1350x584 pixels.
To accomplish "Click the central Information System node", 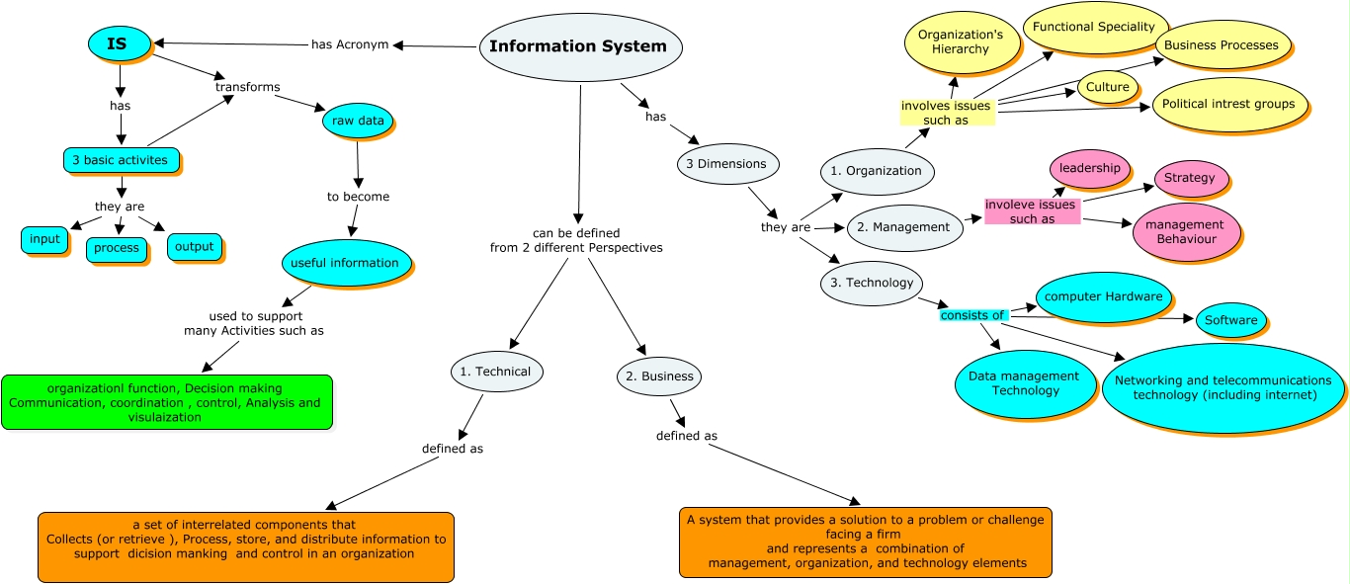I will tap(579, 46).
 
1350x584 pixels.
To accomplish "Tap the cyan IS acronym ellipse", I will tap(119, 43).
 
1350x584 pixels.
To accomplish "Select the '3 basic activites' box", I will tap(121, 160).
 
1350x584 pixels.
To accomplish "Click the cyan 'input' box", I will tap(44, 239).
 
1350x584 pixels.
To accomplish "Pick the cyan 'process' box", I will tap(117, 248).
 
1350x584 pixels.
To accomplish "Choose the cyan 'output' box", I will tap(194, 246).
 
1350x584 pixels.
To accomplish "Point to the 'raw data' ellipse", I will tap(358, 121).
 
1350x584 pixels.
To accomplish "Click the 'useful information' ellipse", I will tap(345, 263).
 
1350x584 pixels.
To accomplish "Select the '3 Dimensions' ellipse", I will tap(727, 164).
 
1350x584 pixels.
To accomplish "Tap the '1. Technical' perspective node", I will tap(496, 372).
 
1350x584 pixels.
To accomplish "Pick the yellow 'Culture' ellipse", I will tap(1107, 87).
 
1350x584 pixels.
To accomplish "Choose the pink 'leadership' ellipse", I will tap(1089, 169).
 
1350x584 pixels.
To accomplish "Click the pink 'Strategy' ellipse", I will tap(1190, 179).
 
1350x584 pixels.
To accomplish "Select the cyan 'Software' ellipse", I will tap(1230, 320).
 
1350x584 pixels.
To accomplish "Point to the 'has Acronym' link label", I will tap(350, 43).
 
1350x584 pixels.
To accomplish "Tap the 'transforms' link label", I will tap(247, 87).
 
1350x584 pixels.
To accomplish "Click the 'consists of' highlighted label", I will tap(972, 315).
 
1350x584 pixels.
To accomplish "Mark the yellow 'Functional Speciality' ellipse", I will tap(1094, 27).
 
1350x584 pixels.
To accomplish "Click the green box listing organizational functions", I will tap(168, 402).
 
